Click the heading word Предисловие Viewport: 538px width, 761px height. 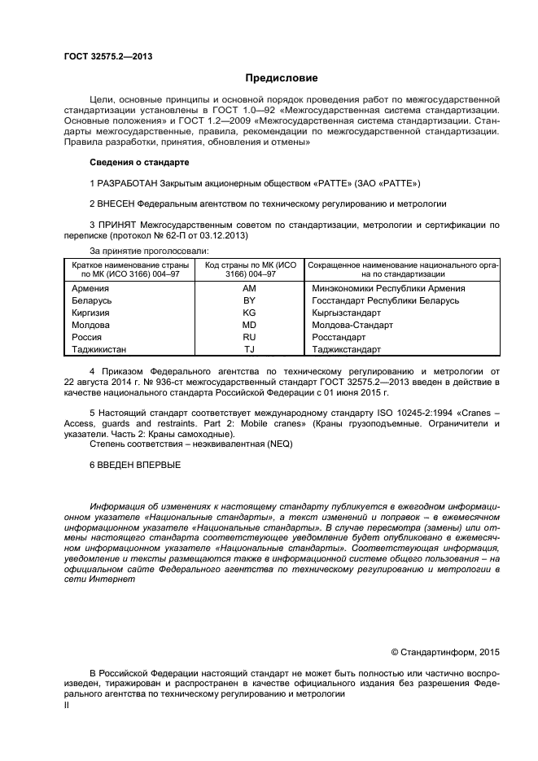pyautogui.click(x=282, y=78)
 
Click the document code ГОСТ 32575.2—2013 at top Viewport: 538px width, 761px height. pyautogui.click(x=108, y=56)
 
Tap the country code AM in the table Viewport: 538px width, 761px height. pyautogui.click(x=250, y=288)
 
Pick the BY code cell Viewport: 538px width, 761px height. pyautogui.click(x=250, y=300)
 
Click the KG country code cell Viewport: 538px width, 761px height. pyautogui.click(x=250, y=313)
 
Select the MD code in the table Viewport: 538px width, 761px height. pyautogui.click(x=250, y=325)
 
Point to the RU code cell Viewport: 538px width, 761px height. pyautogui.click(x=250, y=337)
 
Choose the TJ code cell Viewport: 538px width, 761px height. pyautogui.click(x=250, y=349)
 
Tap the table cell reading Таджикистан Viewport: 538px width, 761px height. pyautogui.click(x=100, y=349)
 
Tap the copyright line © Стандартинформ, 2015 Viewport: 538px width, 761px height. pyautogui.click(x=445, y=651)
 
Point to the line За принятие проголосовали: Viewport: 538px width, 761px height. pyautogui.click(x=150, y=251)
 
